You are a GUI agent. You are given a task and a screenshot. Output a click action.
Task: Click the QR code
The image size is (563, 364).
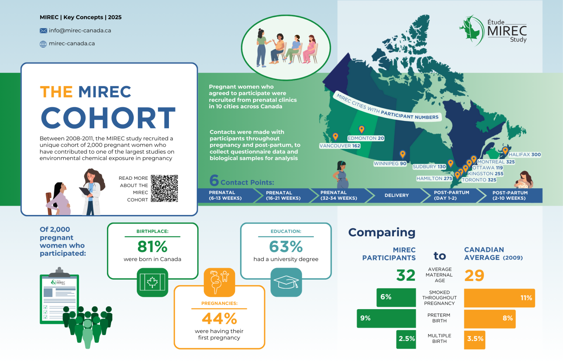click(164, 189)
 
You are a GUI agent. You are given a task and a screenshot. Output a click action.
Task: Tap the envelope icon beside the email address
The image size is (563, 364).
click(43, 31)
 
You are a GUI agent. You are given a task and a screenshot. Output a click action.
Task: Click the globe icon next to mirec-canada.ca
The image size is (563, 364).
click(43, 44)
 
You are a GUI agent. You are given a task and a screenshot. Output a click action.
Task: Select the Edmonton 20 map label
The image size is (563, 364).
click(366, 138)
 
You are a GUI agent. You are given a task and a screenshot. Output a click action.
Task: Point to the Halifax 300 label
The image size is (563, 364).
click(525, 154)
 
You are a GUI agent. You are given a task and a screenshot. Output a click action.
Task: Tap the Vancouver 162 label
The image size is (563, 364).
click(340, 146)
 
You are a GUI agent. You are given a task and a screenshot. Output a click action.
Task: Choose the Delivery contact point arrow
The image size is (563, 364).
click(397, 196)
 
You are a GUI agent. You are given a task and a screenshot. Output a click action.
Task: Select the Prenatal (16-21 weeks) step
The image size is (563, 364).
click(283, 196)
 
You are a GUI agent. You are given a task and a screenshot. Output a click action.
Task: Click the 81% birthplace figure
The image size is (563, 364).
click(152, 247)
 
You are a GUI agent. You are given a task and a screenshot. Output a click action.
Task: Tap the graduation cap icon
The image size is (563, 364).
click(286, 282)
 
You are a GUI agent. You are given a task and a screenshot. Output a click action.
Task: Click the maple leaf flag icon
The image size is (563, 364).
click(152, 282)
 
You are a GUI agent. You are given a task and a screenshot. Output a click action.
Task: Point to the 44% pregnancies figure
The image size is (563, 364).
click(219, 319)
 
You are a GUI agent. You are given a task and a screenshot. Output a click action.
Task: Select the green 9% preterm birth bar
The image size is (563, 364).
click(386, 318)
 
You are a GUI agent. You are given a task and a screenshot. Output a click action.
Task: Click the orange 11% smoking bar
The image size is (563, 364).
click(499, 298)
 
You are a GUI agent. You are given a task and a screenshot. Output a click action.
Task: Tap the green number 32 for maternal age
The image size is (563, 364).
click(406, 275)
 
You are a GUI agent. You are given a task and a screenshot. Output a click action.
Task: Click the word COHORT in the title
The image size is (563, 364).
click(108, 118)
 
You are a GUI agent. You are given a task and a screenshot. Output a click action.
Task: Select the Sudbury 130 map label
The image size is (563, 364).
click(429, 167)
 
